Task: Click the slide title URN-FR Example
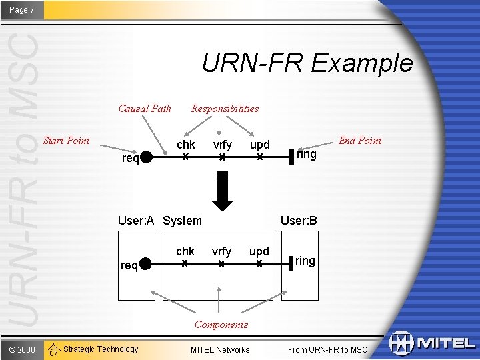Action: pos(307,63)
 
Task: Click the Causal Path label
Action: pos(145,109)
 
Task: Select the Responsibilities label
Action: pos(225,109)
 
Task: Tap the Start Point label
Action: pos(66,141)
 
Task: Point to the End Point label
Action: pos(360,141)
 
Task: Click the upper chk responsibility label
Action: pos(186,145)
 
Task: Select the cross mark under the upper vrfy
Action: pos(223,158)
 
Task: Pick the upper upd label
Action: pos(259,145)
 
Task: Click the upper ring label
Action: pos(307,155)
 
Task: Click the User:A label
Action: pos(135,221)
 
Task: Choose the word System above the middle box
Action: pos(182,221)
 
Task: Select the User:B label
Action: pos(299,221)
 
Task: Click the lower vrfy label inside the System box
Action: pos(221,251)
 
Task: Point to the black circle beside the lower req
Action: pos(147,265)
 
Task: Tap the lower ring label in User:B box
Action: pos(305,261)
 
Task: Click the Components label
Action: pos(221,325)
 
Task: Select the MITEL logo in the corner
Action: pos(431,343)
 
